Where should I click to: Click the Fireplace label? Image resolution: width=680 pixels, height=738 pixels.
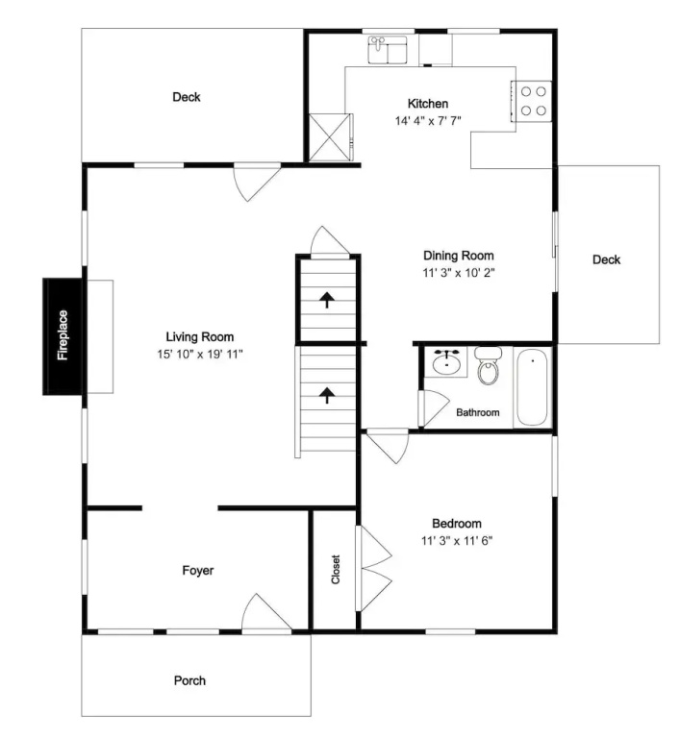point(63,335)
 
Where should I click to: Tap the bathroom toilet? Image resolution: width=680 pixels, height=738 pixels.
point(489,366)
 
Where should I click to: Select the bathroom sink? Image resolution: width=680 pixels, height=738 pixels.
point(445,362)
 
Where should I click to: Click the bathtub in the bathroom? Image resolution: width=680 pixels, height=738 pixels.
point(532,387)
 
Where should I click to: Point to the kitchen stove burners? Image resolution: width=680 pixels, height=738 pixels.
point(533,101)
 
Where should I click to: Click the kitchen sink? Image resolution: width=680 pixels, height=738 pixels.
point(388,49)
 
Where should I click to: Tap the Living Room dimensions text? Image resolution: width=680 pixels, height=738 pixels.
point(200,354)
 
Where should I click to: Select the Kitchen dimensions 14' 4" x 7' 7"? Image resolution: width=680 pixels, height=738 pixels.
point(428,121)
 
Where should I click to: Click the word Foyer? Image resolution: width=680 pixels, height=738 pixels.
point(198,571)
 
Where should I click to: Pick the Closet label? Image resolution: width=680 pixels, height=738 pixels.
point(336,570)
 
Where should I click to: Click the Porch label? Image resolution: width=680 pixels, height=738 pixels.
point(189,680)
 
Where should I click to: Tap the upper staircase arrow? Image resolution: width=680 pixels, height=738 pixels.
point(327,300)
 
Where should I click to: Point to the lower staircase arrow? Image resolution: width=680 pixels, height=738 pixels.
point(327,395)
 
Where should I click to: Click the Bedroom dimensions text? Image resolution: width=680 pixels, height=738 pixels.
point(457,541)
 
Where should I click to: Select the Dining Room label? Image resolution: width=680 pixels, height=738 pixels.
point(459,256)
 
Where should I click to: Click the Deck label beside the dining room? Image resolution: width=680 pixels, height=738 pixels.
point(607,259)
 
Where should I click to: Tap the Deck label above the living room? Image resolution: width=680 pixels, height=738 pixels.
point(187,97)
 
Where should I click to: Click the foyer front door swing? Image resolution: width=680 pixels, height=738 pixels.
point(266,612)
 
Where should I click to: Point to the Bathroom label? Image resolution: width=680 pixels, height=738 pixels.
point(478,412)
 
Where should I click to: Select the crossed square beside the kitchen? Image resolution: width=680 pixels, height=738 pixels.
point(330,137)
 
